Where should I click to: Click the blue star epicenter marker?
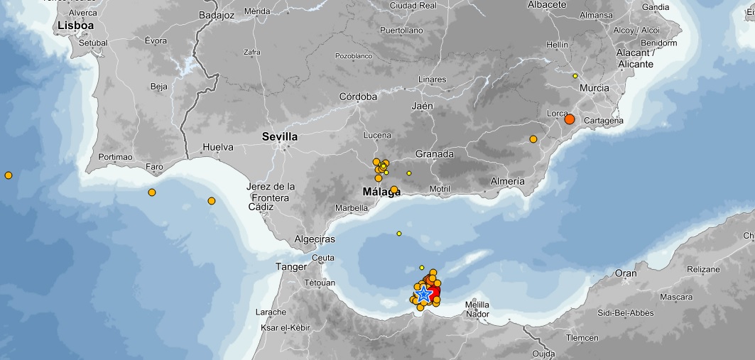[424, 294]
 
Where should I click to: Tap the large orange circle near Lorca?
[569, 119]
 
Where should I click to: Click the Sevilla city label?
[280, 136]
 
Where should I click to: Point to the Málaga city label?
[381, 191]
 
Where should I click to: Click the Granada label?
[434, 154]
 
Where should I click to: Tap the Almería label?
[508, 182]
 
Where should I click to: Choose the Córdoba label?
[358, 97]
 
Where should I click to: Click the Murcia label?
[594, 88]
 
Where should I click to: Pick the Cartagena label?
[603, 121]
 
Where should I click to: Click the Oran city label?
[626, 273]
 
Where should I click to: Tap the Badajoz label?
[217, 13]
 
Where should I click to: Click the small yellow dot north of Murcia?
[575, 76]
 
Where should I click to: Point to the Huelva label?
[218, 148]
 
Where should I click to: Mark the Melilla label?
[477, 305]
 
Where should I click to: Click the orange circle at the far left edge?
[9, 175]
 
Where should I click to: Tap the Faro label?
[154, 168]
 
